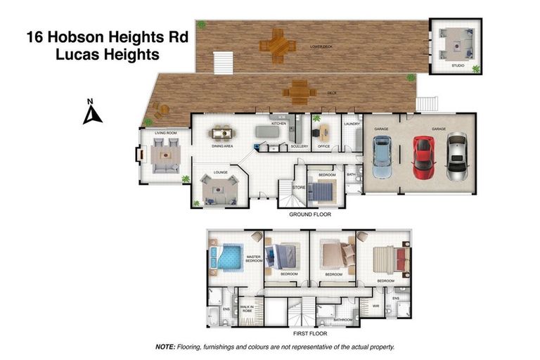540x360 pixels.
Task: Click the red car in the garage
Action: pos(422,155)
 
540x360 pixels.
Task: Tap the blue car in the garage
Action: pos(382,155)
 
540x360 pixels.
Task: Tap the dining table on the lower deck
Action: pos(277,46)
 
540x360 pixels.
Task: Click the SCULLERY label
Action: pos(299,146)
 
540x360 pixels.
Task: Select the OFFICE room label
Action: pos(324,146)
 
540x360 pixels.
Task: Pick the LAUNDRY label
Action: pos(352,124)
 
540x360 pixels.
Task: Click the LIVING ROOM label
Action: pos(155,131)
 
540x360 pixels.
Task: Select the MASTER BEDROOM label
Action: pos(253,259)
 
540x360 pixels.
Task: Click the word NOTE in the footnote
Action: pos(165,347)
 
